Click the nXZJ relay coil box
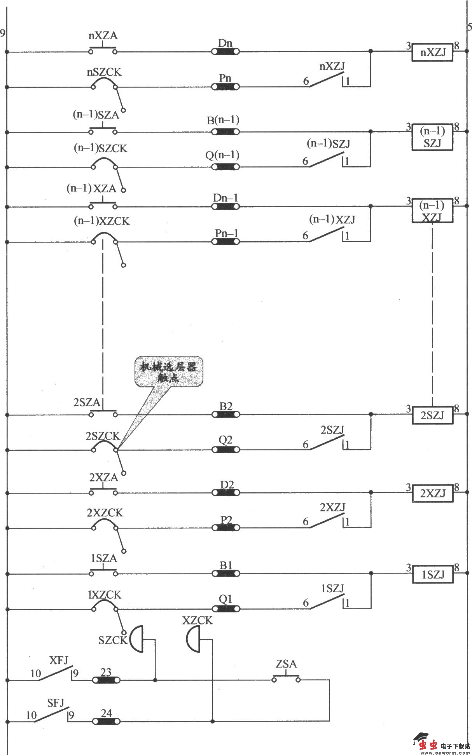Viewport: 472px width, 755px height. (x=432, y=52)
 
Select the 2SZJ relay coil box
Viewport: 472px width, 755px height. (x=432, y=415)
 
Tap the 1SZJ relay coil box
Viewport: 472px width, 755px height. (x=433, y=574)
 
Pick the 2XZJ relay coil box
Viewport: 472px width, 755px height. (x=432, y=493)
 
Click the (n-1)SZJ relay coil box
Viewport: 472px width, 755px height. (x=432, y=137)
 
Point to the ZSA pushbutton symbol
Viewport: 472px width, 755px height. (x=286, y=678)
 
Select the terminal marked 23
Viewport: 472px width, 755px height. (x=106, y=680)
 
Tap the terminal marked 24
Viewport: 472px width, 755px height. (x=106, y=722)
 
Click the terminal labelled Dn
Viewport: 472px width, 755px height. (x=225, y=51)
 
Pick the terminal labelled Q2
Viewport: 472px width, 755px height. (x=226, y=450)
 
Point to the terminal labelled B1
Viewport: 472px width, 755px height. (x=226, y=573)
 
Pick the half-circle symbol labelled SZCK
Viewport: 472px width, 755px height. (x=136, y=639)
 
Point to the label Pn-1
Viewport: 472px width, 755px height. (x=226, y=233)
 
